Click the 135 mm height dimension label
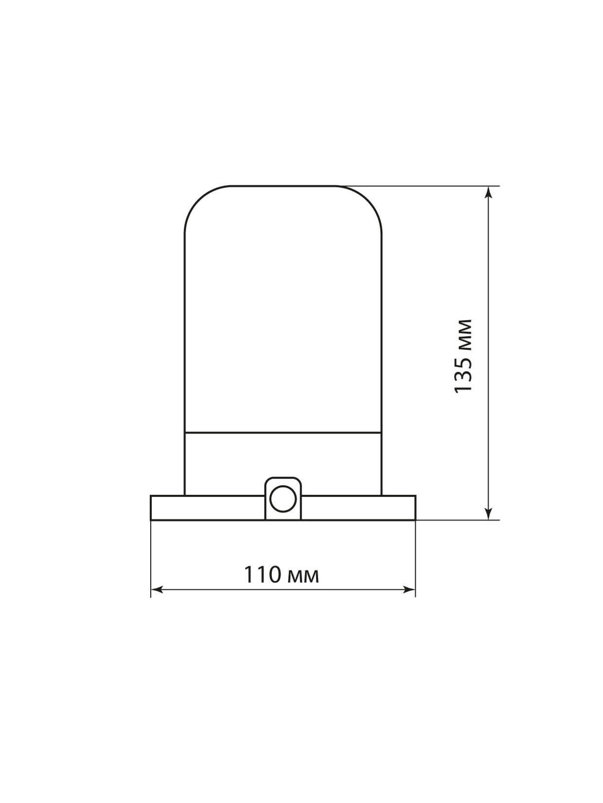462,356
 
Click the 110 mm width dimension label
282,575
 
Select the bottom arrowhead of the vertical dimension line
488,513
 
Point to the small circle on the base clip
283,498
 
